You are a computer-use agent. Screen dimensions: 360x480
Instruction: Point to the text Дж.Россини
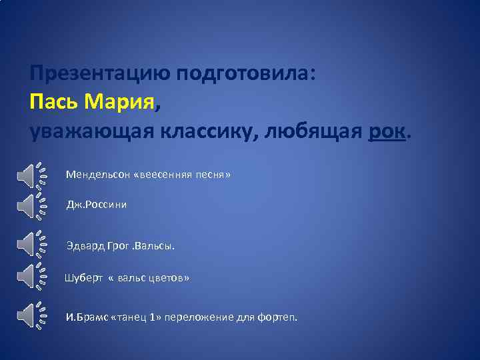[96, 205]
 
